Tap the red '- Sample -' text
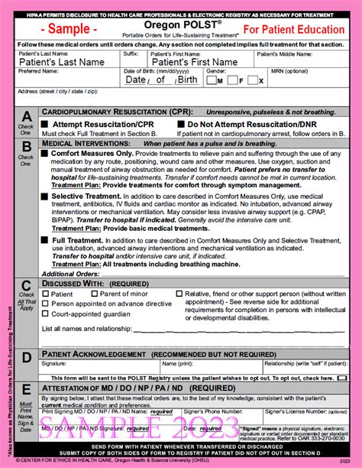(x=69, y=30)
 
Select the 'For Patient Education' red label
(x=293, y=29)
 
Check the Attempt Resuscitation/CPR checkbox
(x=46, y=124)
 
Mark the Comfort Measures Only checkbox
(x=45, y=153)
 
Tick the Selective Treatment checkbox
(x=45, y=196)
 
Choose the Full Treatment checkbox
(x=45, y=239)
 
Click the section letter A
(x=26, y=115)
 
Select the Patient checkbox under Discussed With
(x=46, y=294)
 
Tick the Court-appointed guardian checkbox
(x=46, y=314)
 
